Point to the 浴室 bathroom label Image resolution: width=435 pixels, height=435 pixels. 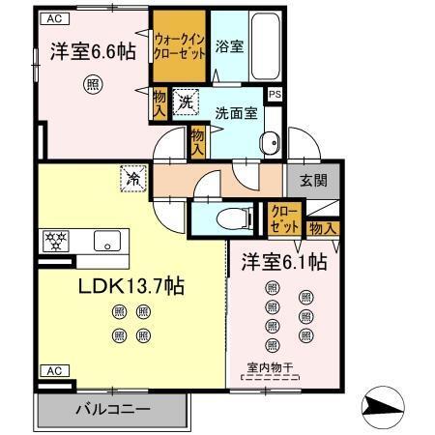pyautogui.click(x=228, y=46)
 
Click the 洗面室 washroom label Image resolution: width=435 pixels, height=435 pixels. pyautogui.click(x=236, y=112)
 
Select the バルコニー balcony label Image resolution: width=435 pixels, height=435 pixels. pyautogui.click(x=112, y=409)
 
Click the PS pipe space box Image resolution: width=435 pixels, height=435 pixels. pyautogui.click(x=275, y=95)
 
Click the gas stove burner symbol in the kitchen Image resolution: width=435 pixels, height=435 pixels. pyautogui.click(x=53, y=239)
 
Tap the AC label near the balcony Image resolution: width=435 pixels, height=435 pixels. pyautogui.click(x=54, y=370)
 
